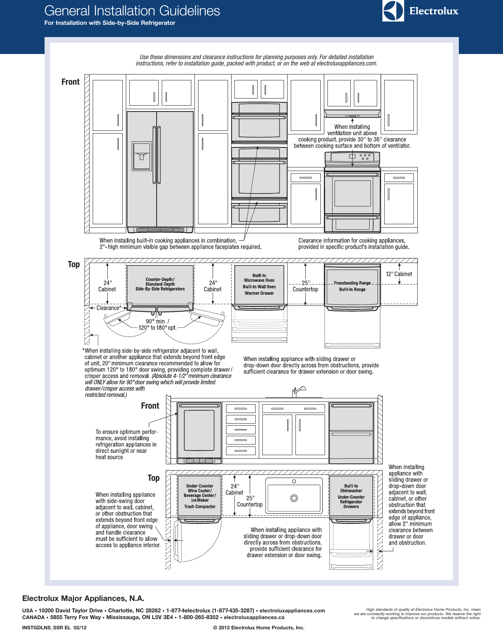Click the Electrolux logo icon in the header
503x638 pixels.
[x=393, y=11]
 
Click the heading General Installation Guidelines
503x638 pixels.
[x=132, y=11]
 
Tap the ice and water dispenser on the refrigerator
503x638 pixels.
[x=141, y=156]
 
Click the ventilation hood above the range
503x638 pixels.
[x=352, y=114]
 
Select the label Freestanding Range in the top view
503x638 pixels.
[x=352, y=283]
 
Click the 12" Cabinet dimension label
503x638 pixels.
[x=399, y=274]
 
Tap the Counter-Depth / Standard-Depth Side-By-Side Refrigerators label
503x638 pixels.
[x=160, y=284]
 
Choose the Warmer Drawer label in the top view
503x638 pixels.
[x=259, y=293]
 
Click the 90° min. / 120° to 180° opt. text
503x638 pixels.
[x=157, y=324]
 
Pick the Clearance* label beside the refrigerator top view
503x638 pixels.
[x=108, y=308]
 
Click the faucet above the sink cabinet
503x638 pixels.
[x=298, y=391]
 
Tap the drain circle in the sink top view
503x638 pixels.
[x=294, y=498]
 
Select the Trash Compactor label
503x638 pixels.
[x=200, y=507]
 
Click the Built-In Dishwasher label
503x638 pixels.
[x=351, y=488]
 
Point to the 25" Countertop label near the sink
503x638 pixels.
[x=250, y=501]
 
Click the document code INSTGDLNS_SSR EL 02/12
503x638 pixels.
[x=54, y=627]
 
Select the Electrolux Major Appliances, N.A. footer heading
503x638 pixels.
[x=83, y=598]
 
